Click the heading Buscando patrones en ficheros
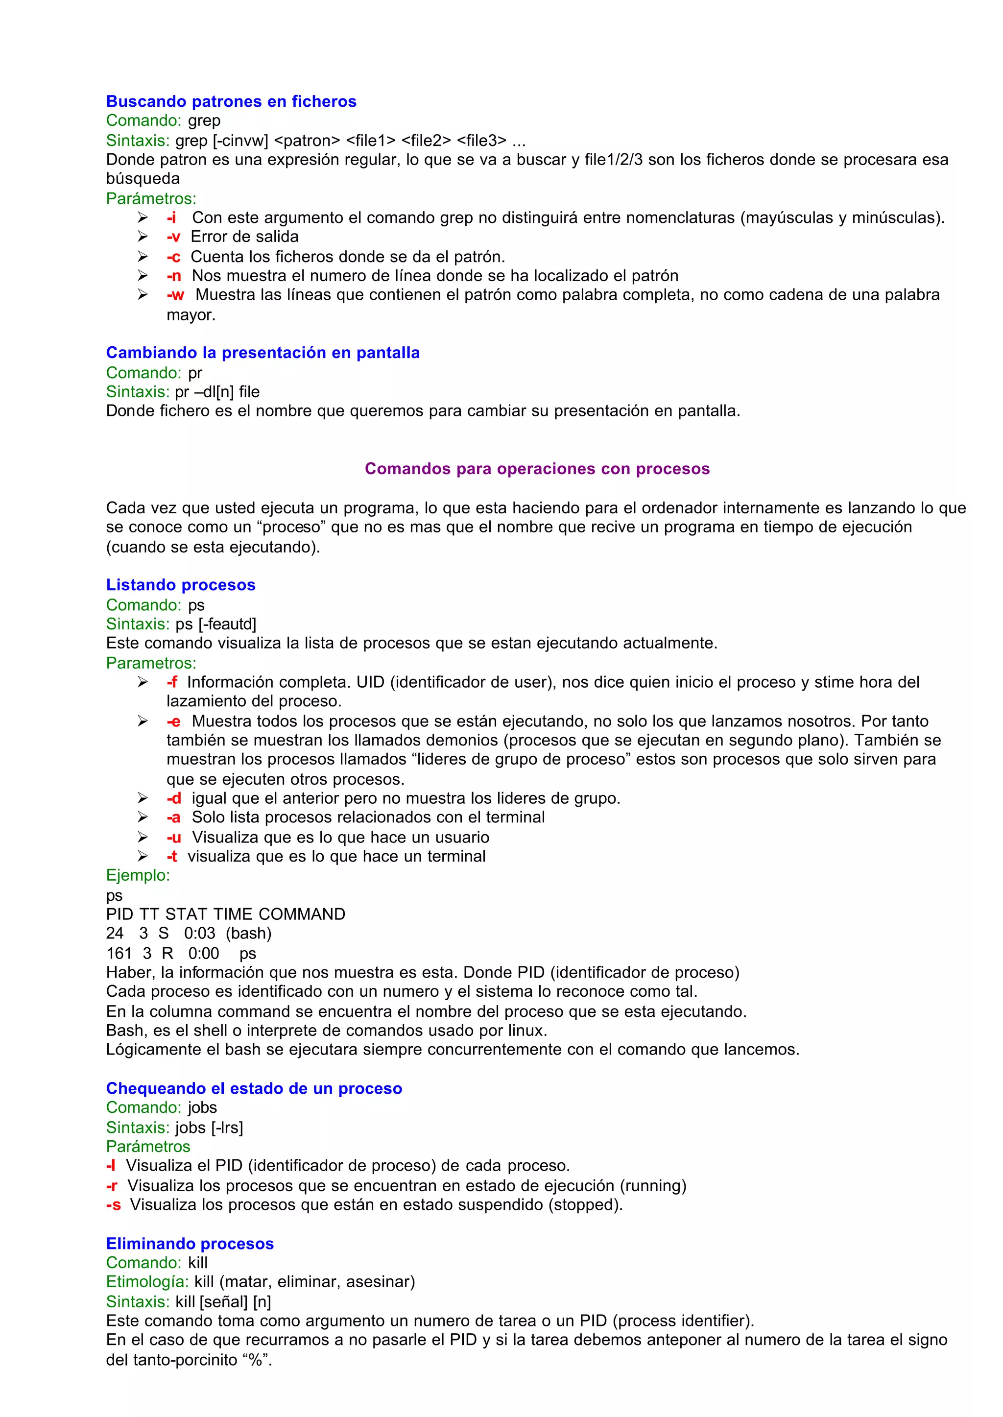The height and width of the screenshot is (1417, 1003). coord(231,101)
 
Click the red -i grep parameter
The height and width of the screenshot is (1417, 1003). coord(171,218)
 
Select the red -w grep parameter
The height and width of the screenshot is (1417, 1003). coord(175,295)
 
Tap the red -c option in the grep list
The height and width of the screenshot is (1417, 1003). coord(173,257)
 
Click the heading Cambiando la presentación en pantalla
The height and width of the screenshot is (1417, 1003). coord(263,353)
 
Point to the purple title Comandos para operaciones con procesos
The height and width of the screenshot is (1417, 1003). coord(537,469)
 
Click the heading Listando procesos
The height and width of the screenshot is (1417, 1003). coord(180,585)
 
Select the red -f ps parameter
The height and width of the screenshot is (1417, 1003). coord(172,683)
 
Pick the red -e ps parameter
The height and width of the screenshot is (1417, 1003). coord(173,721)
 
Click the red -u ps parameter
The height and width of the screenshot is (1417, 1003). coord(173,838)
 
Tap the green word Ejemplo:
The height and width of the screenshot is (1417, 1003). coord(138,875)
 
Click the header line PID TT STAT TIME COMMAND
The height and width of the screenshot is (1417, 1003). coord(225,914)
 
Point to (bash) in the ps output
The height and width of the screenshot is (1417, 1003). coord(248,934)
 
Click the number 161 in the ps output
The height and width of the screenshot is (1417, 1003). coord(119,953)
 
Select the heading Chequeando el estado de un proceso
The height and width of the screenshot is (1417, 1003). coord(254,1088)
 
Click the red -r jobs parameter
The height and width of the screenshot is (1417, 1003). coord(112,1186)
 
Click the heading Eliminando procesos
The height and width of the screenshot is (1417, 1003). coord(190,1244)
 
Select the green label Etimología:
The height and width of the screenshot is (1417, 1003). coord(147,1282)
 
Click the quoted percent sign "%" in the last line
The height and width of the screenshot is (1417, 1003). coord(256,1360)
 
